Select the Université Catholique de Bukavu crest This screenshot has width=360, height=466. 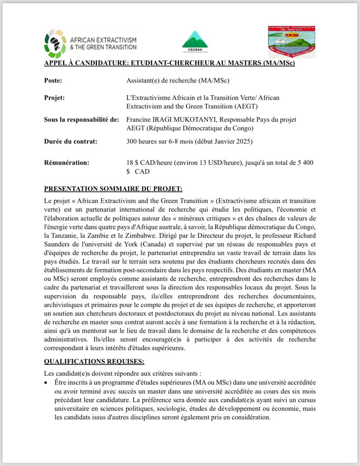(x=292, y=42)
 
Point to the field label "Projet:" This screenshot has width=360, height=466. (x=55, y=98)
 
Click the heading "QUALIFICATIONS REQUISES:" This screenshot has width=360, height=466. (x=94, y=362)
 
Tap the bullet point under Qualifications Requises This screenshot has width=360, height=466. (x=47, y=382)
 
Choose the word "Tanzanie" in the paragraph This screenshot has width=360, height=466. (x=66, y=235)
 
